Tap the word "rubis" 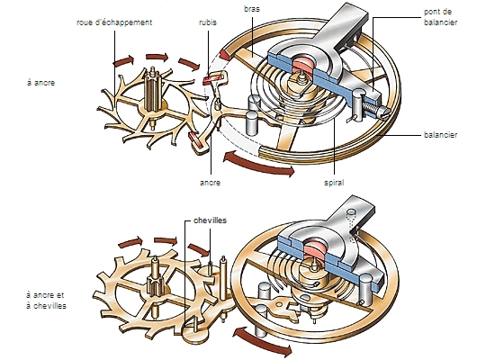click(209, 21)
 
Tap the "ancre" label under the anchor click(211, 182)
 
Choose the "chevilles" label click(209, 219)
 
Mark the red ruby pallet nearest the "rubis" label click(215, 79)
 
